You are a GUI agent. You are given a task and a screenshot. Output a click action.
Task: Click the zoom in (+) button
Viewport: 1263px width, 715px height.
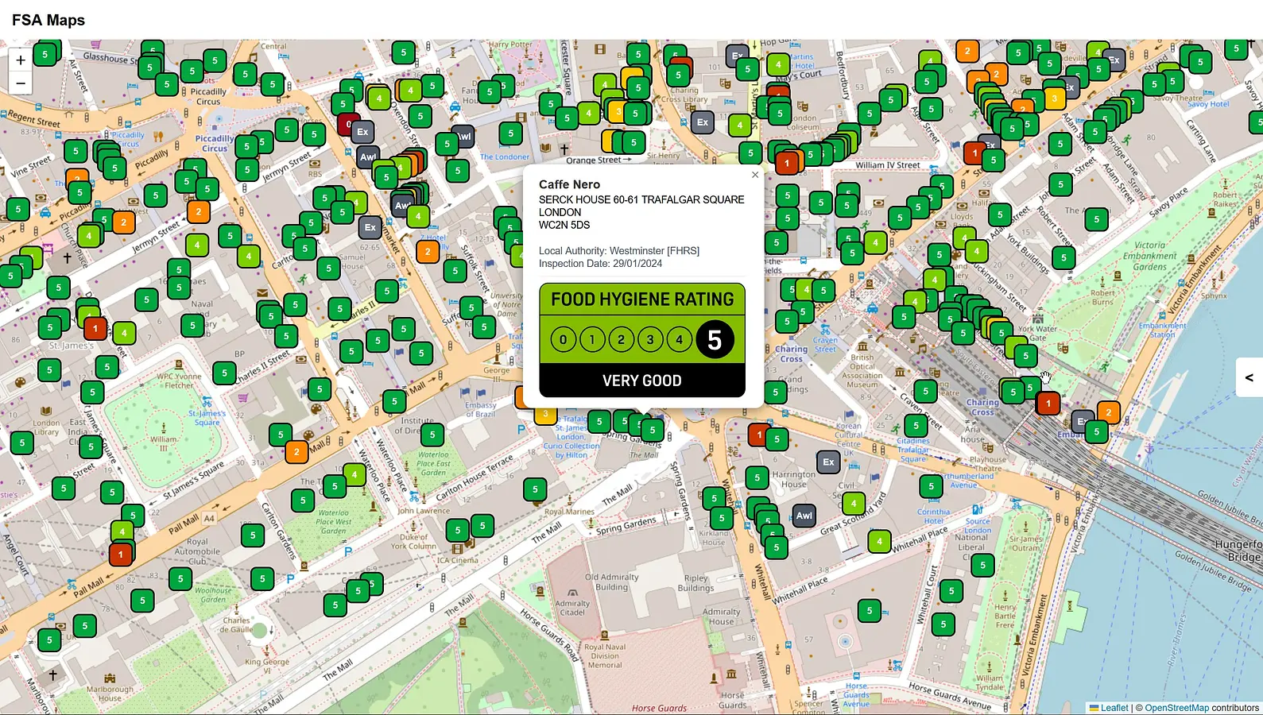click(21, 60)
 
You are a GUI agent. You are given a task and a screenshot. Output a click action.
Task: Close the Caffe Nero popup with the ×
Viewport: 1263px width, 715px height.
click(754, 175)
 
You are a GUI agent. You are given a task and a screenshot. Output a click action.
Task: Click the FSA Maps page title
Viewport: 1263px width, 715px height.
click(48, 20)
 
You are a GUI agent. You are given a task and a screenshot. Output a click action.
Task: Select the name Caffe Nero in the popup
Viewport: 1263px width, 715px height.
click(569, 184)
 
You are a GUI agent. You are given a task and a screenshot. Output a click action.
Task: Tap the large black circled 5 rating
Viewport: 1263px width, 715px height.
click(714, 340)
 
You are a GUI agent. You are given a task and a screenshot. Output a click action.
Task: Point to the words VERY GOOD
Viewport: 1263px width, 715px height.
click(641, 381)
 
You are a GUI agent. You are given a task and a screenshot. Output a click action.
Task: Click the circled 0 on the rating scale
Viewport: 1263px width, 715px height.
click(563, 340)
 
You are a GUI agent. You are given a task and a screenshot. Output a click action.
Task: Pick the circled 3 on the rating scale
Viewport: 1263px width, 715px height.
click(650, 340)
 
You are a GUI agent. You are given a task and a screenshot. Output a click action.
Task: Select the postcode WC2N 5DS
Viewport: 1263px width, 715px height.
click(564, 225)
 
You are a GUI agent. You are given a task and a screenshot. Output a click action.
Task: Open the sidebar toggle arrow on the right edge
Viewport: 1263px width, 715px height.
click(1249, 378)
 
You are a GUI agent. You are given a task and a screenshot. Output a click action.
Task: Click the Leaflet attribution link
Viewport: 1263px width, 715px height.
click(1114, 708)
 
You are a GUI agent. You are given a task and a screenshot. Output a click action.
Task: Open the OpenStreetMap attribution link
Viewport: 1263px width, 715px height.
click(1176, 708)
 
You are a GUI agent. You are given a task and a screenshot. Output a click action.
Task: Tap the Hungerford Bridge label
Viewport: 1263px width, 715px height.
click(1238, 551)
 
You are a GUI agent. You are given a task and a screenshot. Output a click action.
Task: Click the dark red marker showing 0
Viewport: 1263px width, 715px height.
click(347, 124)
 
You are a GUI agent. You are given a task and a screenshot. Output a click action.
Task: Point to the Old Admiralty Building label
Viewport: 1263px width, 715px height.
click(611, 582)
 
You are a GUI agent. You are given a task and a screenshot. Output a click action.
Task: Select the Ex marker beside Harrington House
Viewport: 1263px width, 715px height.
click(828, 462)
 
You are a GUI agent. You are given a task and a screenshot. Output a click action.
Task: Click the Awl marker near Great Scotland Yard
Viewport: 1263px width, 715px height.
click(804, 516)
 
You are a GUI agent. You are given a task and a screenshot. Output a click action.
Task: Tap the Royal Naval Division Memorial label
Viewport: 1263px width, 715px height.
click(605, 655)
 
